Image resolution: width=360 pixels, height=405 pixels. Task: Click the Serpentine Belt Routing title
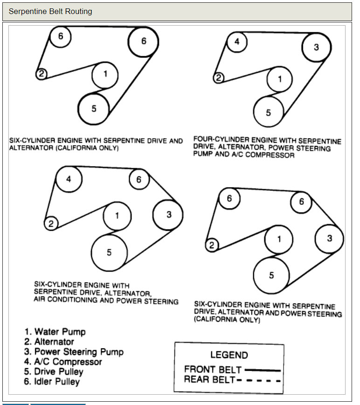(50, 11)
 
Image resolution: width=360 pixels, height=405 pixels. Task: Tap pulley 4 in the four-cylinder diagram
(237, 42)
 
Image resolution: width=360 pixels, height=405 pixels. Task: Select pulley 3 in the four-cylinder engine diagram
(316, 47)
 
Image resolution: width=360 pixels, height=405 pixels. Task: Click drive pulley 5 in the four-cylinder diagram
(268, 112)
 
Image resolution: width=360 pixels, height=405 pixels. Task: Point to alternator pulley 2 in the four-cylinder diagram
(218, 77)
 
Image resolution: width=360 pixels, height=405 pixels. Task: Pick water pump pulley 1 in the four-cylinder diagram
(280, 79)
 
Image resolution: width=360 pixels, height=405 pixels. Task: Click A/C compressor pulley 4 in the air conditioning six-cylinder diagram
(69, 179)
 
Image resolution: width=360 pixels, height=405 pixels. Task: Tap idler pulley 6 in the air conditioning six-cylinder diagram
(138, 180)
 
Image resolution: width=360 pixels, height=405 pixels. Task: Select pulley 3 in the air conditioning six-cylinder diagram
(168, 215)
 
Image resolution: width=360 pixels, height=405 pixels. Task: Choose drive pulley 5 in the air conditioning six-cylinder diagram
(109, 252)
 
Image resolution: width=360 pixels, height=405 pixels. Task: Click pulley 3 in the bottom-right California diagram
(329, 238)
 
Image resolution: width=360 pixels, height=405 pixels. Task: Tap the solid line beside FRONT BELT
(263, 370)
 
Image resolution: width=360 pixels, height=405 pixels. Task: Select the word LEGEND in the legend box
(229, 355)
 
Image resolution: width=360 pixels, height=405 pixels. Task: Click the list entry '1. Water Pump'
(55, 332)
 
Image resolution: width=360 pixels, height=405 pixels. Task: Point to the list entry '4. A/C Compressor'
(63, 362)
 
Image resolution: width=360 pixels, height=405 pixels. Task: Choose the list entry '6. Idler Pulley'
(52, 382)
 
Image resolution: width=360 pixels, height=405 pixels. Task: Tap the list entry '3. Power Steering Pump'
(74, 352)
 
